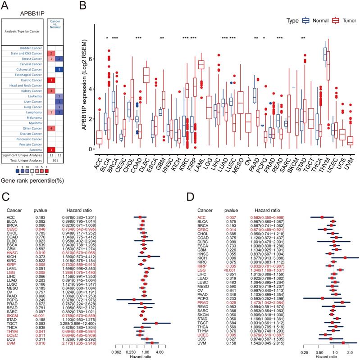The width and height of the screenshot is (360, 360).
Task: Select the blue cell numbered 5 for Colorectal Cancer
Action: coord(60,69)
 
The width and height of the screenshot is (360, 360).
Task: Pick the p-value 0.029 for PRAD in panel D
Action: coord(232,290)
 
